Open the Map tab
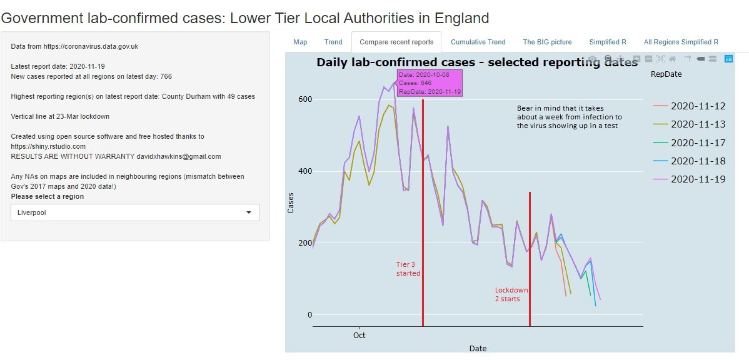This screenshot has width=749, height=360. (300, 42)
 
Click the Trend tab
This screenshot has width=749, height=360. (333, 42)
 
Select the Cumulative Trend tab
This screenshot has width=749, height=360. (478, 42)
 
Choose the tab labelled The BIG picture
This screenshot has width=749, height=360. (547, 42)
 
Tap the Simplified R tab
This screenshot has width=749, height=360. (607, 42)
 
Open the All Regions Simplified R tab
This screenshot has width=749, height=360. (681, 42)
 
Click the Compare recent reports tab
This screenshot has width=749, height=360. (396, 42)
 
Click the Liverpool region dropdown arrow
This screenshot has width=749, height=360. (249, 212)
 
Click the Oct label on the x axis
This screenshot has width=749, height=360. (359, 336)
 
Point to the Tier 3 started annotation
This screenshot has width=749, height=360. (408, 269)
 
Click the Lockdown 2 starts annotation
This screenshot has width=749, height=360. (511, 294)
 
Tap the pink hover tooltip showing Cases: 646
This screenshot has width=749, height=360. (430, 82)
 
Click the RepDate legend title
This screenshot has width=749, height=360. (666, 74)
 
